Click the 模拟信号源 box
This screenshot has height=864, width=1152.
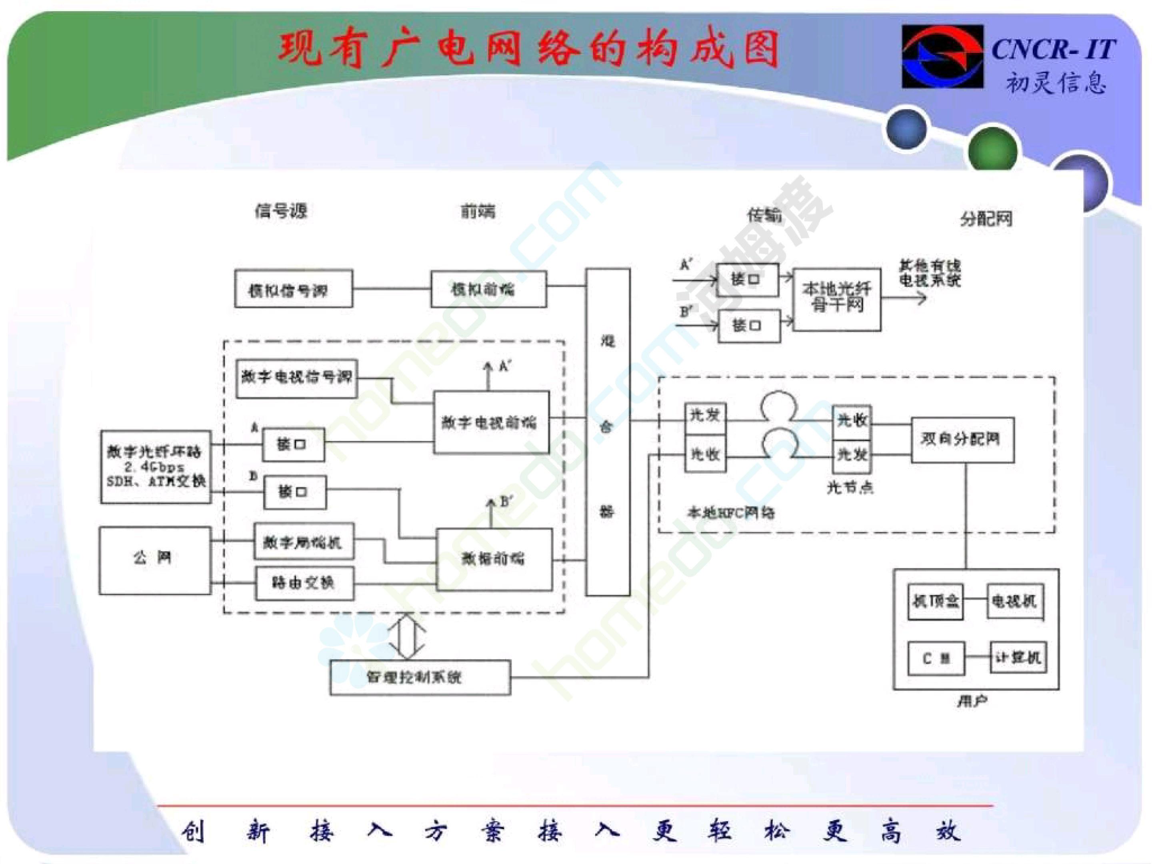pos(293,289)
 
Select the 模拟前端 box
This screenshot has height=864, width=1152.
pos(488,289)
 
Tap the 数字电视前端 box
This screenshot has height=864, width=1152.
pos(491,422)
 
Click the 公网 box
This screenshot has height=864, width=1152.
pos(155,560)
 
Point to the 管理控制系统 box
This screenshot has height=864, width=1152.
pos(420,677)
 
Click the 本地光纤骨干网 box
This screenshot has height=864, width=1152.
pos(836,300)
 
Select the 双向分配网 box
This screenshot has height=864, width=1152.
pos(962,440)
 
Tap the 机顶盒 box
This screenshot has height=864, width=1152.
pos(935,602)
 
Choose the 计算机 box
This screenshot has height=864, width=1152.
pos(1018,658)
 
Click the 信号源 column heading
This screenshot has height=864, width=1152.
pos(281,211)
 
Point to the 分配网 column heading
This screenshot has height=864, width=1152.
pos(986,219)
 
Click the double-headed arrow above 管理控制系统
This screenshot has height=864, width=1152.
pos(407,636)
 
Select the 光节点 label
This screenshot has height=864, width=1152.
pos(850,488)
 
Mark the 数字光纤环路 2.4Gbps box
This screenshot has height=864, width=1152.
pos(156,467)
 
